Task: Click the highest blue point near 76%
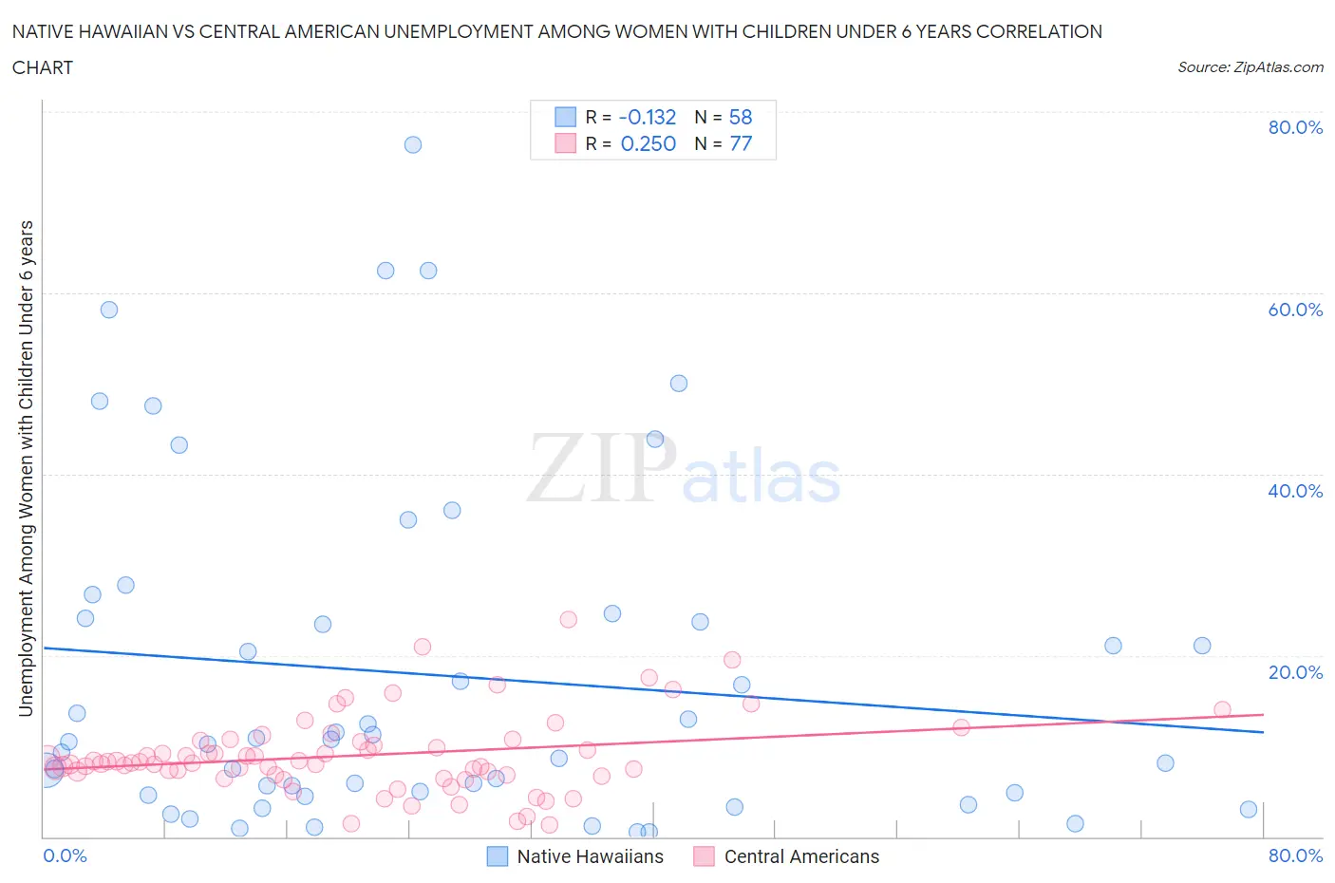[x=412, y=144]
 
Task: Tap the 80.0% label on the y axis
[x=1295, y=127]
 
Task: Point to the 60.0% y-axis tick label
[x=1295, y=310]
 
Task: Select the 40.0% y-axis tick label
[x=1295, y=491]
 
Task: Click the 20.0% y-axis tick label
[x=1295, y=672]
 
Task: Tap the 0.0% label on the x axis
[x=65, y=855]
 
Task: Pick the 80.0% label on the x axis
[x=1295, y=855]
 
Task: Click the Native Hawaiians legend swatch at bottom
[x=498, y=856]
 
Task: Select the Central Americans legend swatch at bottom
[x=704, y=856]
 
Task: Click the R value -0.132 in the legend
[x=647, y=117]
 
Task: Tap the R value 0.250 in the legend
[x=648, y=143]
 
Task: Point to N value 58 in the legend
[x=740, y=117]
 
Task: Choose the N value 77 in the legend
[x=740, y=143]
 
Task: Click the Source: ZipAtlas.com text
[x=1250, y=66]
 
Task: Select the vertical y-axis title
[x=26, y=468]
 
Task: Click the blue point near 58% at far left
[x=109, y=310]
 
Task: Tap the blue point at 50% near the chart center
[x=679, y=384]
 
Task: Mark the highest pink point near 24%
[x=568, y=619]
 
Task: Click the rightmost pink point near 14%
[x=1222, y=709]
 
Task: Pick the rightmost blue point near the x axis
[x=1249, y=809]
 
